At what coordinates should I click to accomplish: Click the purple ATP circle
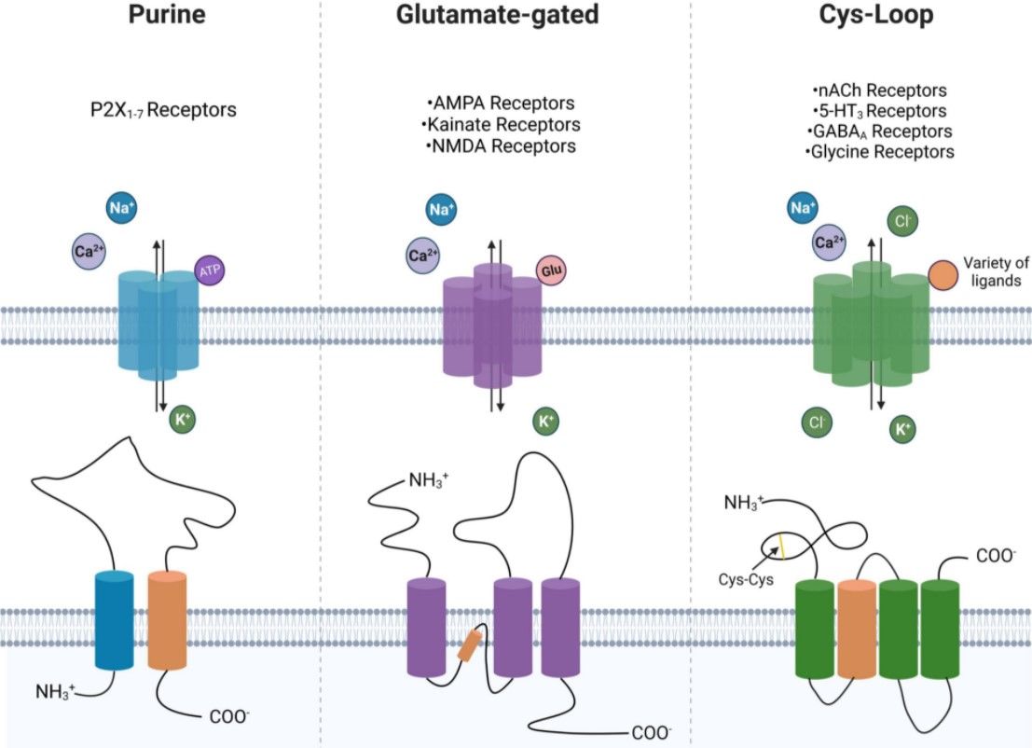tap(209, 270)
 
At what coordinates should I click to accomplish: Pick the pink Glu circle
tap(550, 270)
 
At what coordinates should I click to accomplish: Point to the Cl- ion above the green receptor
tap(901, 223)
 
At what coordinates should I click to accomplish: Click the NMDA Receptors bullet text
tap(501, 146)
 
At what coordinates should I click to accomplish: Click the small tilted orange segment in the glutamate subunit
tap(470, 645)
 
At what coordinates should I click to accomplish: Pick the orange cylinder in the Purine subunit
tap(167, 620)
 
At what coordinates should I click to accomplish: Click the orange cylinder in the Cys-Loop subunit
tap(857, 627)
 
